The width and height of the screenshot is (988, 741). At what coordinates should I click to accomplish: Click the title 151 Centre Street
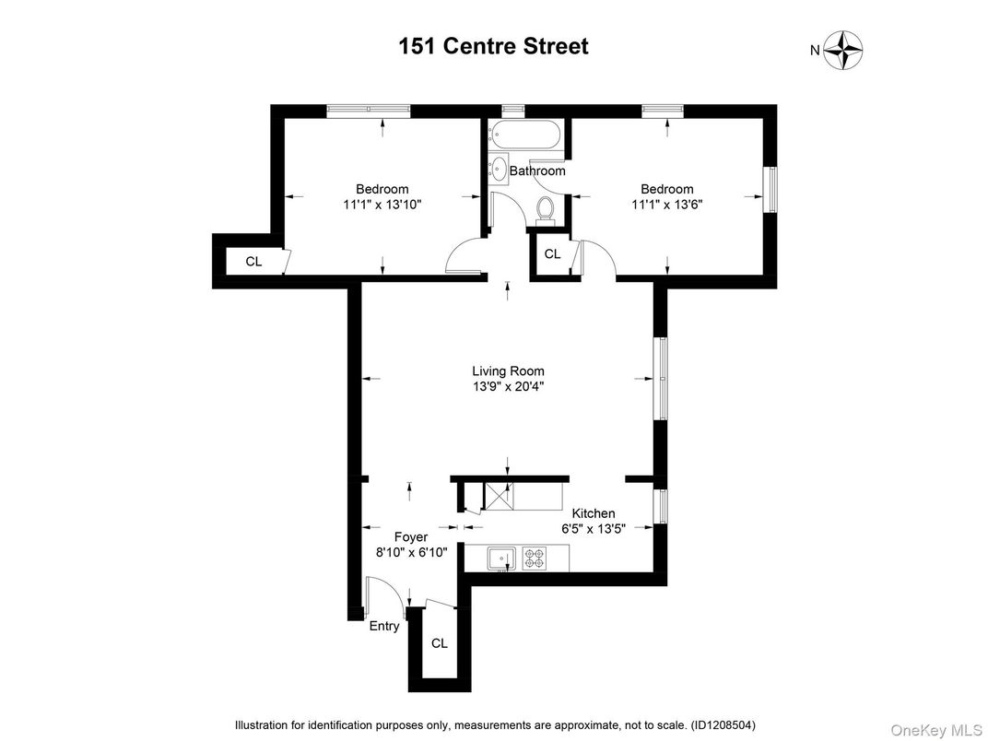(493, 46)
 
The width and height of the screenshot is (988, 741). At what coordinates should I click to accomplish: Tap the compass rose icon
(842, 50)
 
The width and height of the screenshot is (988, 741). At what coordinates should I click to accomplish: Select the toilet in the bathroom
(544, 210)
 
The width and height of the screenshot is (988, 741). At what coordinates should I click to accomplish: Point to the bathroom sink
(498, 168)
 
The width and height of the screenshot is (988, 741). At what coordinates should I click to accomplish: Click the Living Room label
(507, 371)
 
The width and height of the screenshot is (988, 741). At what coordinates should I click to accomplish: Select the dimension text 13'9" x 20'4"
(507, 387)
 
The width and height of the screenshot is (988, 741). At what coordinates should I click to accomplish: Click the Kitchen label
(594, 513)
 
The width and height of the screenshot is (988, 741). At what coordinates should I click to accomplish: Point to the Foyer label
(411, 536)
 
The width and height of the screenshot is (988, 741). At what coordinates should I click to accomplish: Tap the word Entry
(384, 627)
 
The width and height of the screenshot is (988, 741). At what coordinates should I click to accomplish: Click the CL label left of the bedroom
(253, 262)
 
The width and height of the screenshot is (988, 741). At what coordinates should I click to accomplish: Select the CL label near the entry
(439, 643)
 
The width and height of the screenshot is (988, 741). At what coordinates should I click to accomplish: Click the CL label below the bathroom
(552, 254)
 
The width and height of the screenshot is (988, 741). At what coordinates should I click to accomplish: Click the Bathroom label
(537, 171)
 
